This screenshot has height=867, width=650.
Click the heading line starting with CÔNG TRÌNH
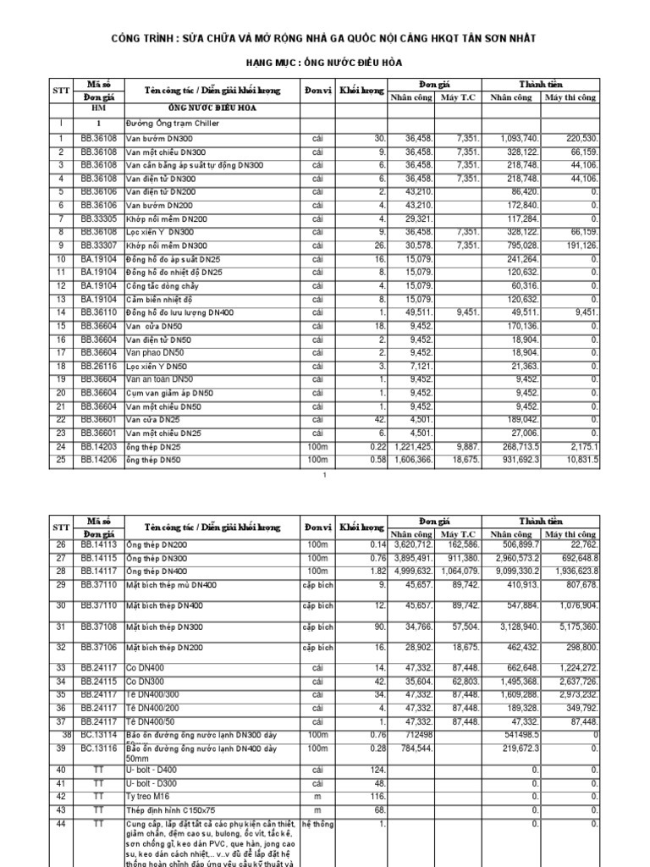click(x=324, y=40)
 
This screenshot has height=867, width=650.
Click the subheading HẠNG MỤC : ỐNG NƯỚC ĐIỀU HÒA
click(x=324, y=64)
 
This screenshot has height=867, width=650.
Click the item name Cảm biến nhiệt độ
click(x=162, y=299)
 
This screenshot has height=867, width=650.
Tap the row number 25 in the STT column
click(x=62, y=460)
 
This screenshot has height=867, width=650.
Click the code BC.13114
click(x=102, y=734)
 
